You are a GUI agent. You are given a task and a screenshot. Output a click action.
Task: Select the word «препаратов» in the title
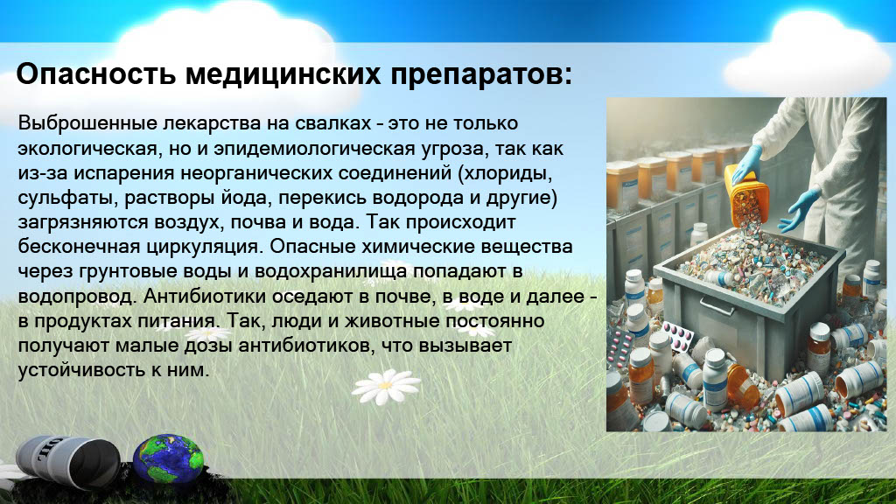point(480,75)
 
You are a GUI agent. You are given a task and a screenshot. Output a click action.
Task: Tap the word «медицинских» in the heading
point(283,74)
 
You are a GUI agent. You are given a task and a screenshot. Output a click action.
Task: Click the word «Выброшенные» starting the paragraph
point(87,124)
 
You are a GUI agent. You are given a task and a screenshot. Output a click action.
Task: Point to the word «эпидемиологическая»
point(314,149)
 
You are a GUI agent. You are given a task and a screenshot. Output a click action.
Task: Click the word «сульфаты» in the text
point(69,199)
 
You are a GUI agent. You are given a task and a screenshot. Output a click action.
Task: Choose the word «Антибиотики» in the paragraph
point(205,296)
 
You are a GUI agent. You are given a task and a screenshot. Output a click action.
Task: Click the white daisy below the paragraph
point(386,386)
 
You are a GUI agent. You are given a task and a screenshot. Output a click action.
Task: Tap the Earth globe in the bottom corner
point(168,459)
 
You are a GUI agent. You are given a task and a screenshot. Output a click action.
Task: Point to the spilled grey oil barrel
point(67,463)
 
